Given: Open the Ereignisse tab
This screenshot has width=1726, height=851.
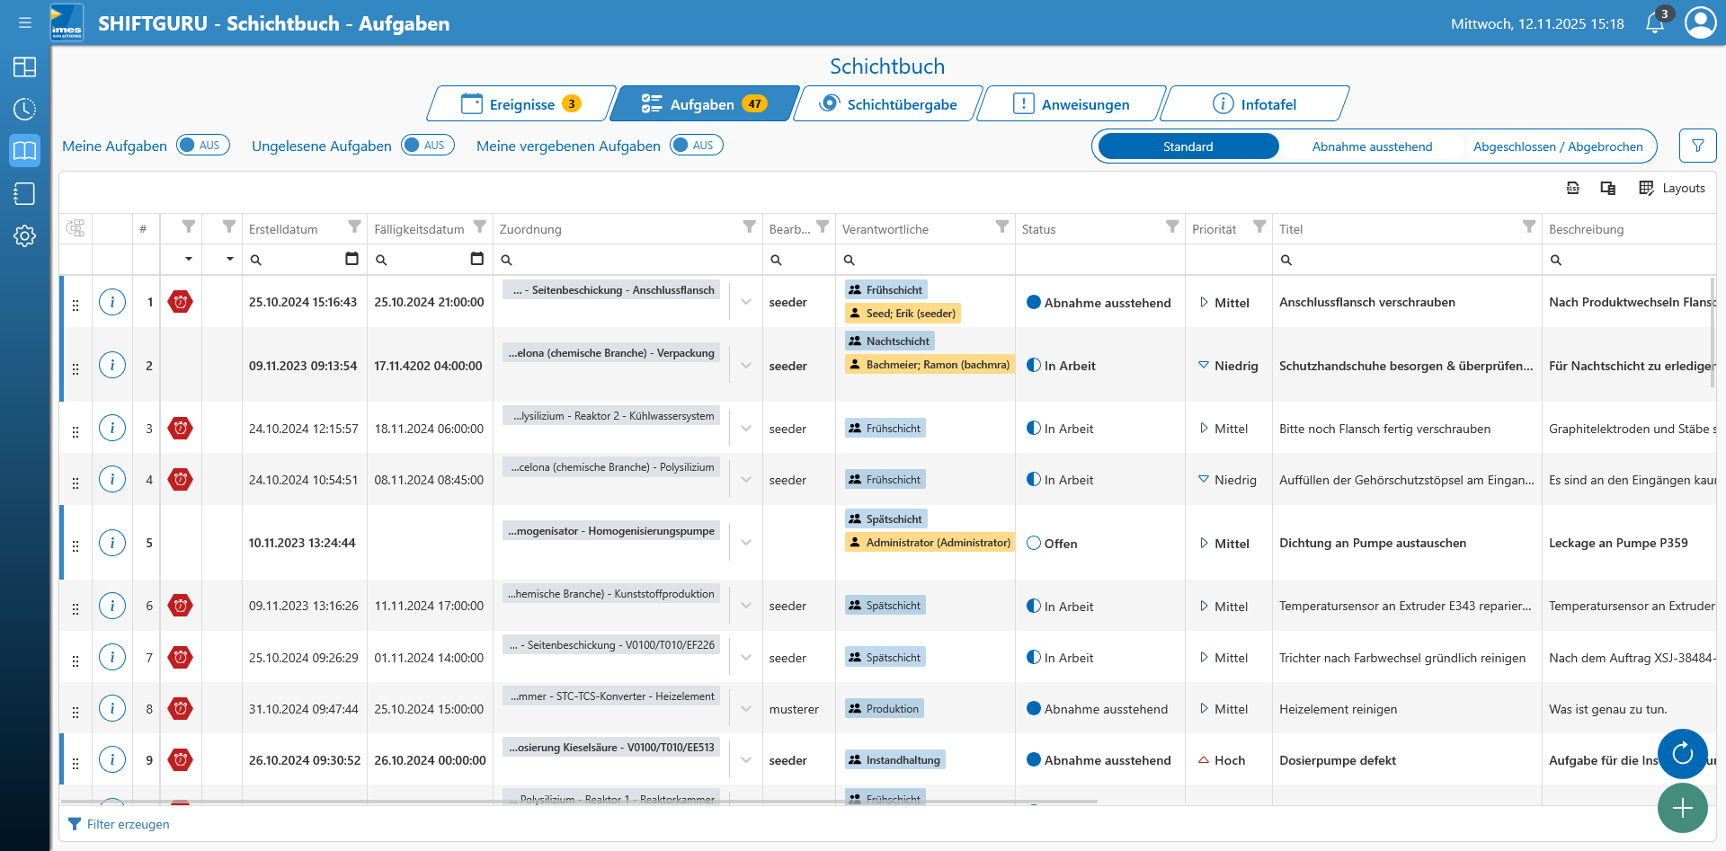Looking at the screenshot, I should point(521,104).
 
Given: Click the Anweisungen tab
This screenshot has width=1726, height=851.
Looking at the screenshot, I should point(1072,104).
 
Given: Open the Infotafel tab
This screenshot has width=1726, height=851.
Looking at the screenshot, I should point(1255,104).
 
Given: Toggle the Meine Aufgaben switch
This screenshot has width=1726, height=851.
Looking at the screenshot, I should point(203,146).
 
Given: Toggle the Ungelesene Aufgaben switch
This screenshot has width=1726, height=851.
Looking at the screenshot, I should point(428,146).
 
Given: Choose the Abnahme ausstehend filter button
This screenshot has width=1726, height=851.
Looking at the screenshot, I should point(1372,146).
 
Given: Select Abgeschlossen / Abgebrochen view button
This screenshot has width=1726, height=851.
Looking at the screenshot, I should point(1557,146).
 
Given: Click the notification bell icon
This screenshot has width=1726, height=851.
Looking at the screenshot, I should point(1654,23).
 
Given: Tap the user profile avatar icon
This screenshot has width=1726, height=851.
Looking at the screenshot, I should point(1700,22).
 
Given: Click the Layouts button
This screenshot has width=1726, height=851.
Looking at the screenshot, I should point(1672,188).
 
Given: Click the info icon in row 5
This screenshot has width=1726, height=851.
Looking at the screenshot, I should point(112,543).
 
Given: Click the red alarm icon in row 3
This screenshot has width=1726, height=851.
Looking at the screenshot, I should point(181,429).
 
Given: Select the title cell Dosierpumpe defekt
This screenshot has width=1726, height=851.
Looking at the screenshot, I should point(1338,760).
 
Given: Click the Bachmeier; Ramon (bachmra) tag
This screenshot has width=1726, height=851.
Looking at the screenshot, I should point(930,365).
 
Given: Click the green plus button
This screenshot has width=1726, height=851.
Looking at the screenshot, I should point(1682,808).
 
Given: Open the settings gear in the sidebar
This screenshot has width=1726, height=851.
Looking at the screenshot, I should point(24,236).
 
